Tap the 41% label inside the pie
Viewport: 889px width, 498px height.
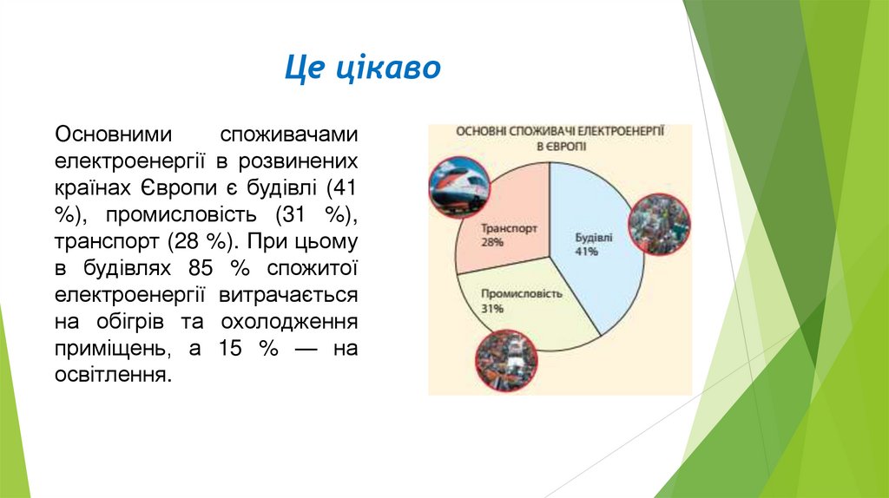click(587, 252)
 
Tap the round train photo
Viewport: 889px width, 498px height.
click(457, 187)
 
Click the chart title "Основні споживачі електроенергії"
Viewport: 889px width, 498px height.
click(560, 130)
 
